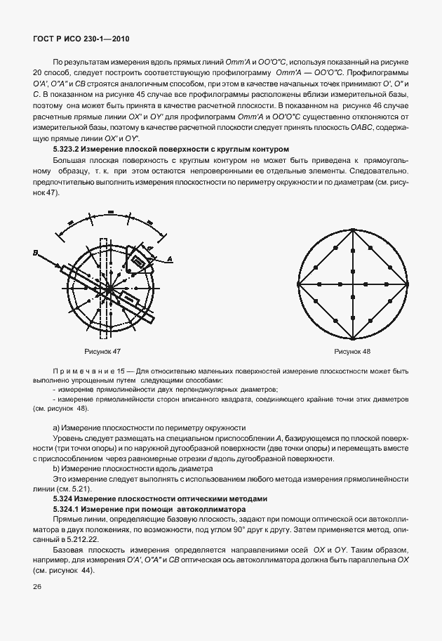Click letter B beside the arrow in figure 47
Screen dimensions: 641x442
34,252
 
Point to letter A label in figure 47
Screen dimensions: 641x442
168,259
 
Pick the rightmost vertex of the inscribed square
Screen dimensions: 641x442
406,284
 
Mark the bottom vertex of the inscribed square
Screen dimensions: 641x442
352,338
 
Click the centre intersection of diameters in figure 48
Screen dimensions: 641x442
352,284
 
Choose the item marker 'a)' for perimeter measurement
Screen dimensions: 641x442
57,428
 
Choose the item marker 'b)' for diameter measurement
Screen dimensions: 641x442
57,468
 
